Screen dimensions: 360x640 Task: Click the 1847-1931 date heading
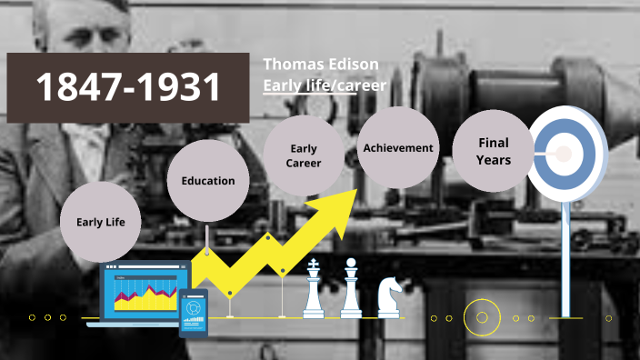tap(127, 87)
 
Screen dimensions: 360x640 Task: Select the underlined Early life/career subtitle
tap(325, 85)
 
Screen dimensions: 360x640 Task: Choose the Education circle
tap(207, 180)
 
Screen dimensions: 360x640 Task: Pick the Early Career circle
tap(304, 155)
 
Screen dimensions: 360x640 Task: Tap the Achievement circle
tap(397, 147)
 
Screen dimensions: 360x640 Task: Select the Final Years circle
tap(493, 151)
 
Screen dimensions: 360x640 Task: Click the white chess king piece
tap(314, 291)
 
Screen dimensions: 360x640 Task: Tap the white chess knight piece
tap(389, 297)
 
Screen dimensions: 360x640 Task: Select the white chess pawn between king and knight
tap(351, 291)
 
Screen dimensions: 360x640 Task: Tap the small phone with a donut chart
tap(193, 312)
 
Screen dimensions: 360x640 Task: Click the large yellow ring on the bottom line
tap(482, 318)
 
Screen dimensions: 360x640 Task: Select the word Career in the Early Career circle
tap(304, 164)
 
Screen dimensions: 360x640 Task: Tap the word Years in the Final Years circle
tap(493, 160)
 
